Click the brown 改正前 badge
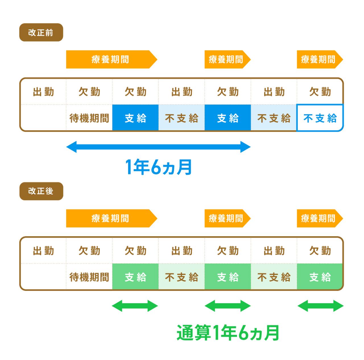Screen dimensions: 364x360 41,32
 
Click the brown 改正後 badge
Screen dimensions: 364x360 41,191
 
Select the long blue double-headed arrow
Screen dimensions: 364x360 158,147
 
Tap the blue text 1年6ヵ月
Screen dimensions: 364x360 158,167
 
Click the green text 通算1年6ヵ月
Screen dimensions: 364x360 228,333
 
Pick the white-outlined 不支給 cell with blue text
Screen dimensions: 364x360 320,118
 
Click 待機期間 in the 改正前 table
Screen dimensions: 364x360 89,118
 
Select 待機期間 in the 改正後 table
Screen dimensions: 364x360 89,277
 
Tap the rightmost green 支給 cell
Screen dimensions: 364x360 320,276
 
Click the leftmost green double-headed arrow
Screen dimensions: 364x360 135,306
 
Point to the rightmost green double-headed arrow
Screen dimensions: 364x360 320,306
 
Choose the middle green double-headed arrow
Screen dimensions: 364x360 227,306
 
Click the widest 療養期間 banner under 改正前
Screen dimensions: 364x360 112,59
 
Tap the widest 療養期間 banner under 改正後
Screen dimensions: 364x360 112,218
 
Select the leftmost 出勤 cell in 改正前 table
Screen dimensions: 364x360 43,92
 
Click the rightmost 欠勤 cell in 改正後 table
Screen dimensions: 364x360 320,250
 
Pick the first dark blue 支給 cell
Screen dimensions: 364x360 135,118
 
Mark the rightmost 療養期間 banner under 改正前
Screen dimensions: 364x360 320,59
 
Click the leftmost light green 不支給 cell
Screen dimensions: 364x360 181,276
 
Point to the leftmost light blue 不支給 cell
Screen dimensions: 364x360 181,118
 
